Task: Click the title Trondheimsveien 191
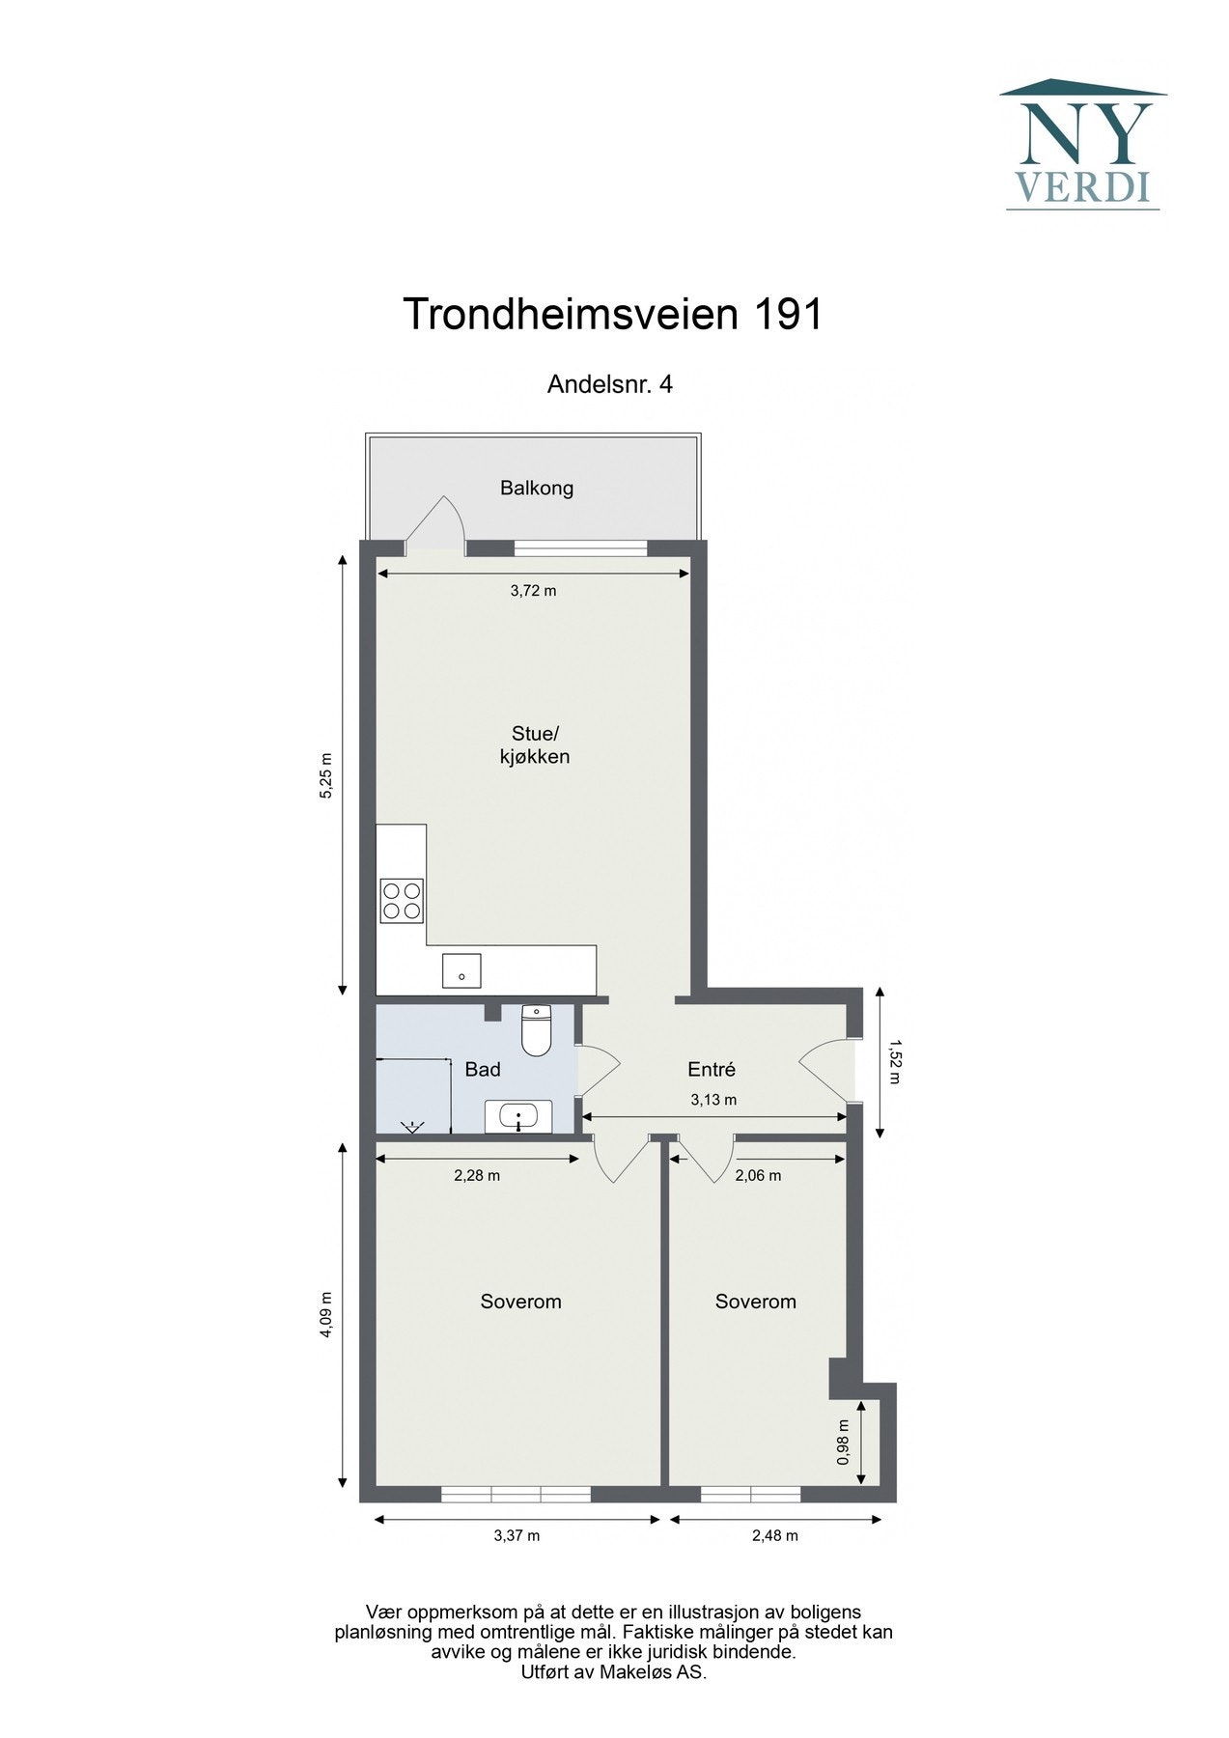[612, 315]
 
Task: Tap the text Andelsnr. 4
[609, 384]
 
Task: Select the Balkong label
[537, 489]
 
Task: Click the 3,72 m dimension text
[533, 591]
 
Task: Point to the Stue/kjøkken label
[534, 745]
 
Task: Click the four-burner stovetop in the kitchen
[402, 899]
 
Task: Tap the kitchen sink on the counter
[461, 970]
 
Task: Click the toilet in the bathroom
[535, 1030]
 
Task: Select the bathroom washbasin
[518, 1117]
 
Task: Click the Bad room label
[483, 1070]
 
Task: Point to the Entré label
[712, 1070]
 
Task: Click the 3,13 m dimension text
[713, 1100]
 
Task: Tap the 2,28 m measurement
[477, 1176]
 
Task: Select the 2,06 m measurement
[758, 1176]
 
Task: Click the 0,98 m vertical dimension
[843, 1442]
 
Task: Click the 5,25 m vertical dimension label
[326, 775]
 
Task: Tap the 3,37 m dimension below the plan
[517, 1536]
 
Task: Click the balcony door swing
[438, 525]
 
